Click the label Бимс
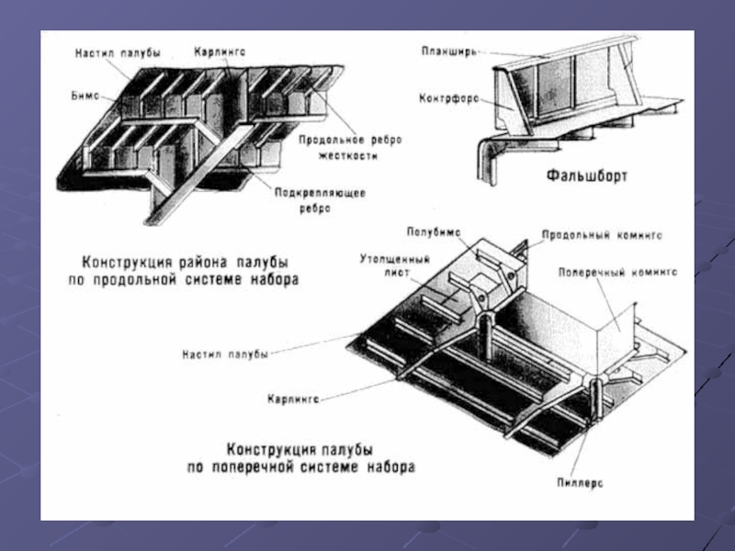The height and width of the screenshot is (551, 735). (x=84, y=96)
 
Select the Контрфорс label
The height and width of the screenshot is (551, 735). (x=447, y=98)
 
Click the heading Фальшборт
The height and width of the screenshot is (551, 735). (x=585, y=175)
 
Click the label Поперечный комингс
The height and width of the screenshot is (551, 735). (x=617, y=273)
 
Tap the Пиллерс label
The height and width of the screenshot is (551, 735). (x=580, y=481)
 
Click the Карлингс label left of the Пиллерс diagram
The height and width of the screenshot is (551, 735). (x=293, y=399)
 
